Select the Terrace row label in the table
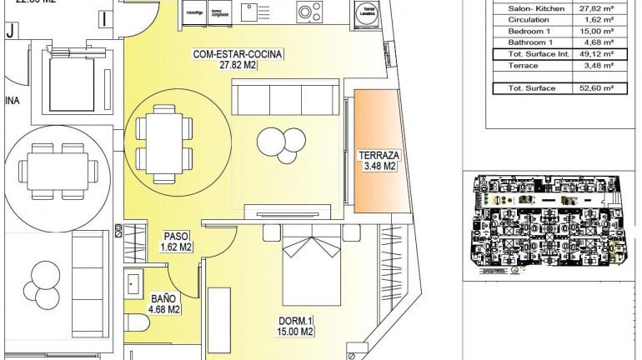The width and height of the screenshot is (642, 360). (521, 67)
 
